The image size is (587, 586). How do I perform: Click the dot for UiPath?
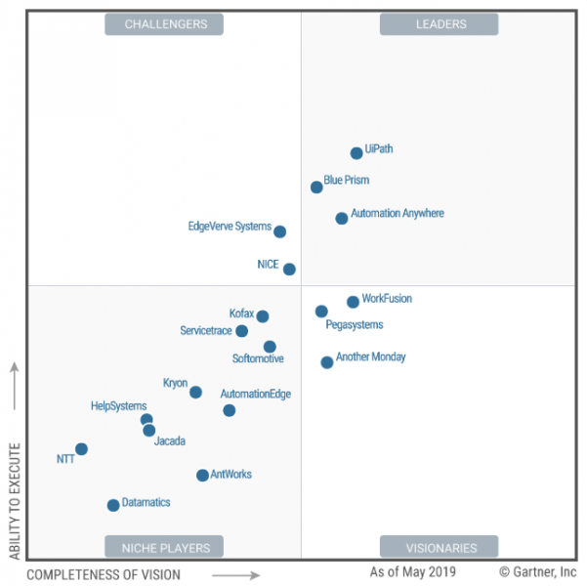click(356, 153)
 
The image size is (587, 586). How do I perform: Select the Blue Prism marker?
click(316, 188)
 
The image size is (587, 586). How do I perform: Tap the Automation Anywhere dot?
click(342, 219)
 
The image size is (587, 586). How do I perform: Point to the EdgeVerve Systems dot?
click(280, 232)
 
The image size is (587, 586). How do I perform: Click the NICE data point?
click(289, 270)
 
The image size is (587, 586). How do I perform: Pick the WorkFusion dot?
click(353, 303)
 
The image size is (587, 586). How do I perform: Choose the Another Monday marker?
click(327, 362)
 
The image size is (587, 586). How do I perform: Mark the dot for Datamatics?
click(113, 505)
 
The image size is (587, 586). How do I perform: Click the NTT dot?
click(81, 449)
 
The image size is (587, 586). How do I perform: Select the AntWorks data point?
click(202, 476)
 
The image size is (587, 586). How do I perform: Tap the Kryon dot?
click(195, 393)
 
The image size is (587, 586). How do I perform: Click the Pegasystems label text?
click(355, 325)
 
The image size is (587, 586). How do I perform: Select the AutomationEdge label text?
click(255, 395)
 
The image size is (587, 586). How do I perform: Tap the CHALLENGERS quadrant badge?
click(164, 24)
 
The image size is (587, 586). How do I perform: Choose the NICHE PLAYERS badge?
click(164, 547)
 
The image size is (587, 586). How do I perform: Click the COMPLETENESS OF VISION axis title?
click(104, 574)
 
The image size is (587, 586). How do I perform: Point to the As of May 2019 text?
click(412, 571)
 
